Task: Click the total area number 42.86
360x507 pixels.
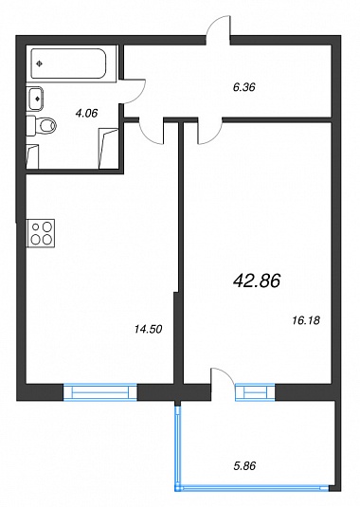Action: pyautogui.click(x=257, y=281)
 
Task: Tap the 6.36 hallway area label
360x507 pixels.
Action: pyautogui.click(x=244, y=87)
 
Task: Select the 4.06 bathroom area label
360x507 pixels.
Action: pyautogui.click(x=86, y=114)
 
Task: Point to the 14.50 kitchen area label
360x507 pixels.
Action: pyautogui.click(x=148, y=330)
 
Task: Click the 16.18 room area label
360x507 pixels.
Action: pyautogui.click(x=306, y=320)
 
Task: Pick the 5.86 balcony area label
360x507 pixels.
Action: pyautogui.click(x=244, y=466)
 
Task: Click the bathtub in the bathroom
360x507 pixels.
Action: pyautogui.click(x=68, y=63)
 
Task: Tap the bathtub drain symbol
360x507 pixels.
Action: pyautogui.click(x=40, y=64)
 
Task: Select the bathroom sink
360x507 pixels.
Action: pyautogui.click(x=35, y=99)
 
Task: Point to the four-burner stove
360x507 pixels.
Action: pyautogui.click(x=41, y=233)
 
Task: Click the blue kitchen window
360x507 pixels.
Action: pyautogui.click(x=100, y=392)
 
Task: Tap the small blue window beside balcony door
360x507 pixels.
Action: pyautogui.click(x=255, y=392)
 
